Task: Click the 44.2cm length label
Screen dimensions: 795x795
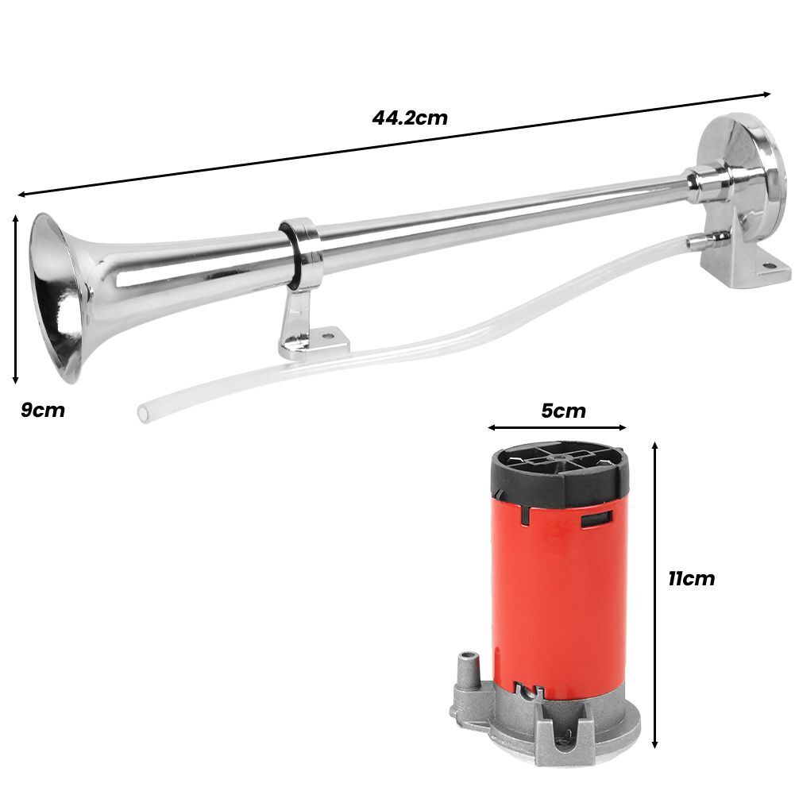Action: click(x=410, y=118)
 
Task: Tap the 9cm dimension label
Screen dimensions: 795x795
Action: click(x=42, y=411)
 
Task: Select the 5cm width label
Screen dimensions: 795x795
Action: click(x=563, y=411)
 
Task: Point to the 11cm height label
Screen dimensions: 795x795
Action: click(x=690, y=578)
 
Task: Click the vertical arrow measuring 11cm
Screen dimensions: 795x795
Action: click(x=655, y=596)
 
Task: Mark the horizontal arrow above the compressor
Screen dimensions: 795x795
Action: click(x=558, y=428)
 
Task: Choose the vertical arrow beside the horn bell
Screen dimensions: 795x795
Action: click(x=16, y=299)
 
